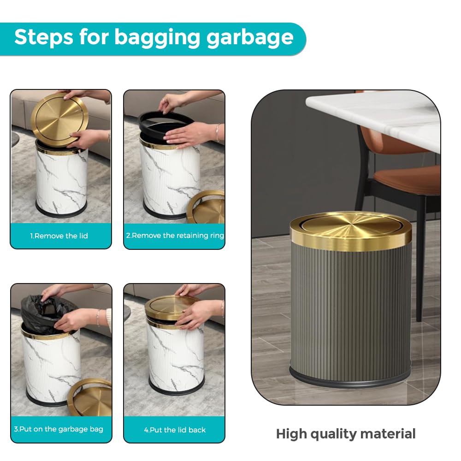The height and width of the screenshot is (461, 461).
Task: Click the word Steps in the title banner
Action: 43,37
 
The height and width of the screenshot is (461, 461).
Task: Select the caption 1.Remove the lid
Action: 59,236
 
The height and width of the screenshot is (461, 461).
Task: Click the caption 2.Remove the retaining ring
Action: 175,236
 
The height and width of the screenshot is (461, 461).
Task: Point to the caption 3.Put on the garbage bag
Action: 59,429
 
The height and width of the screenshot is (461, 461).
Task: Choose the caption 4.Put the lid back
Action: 175,430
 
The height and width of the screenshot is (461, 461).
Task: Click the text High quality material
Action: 346,434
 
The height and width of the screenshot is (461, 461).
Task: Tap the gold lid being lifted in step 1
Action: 59,120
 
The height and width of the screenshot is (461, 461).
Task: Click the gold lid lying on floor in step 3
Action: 90,397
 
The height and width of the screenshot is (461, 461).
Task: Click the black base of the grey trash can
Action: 350,380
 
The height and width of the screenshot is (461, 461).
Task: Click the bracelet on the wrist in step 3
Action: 98,317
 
